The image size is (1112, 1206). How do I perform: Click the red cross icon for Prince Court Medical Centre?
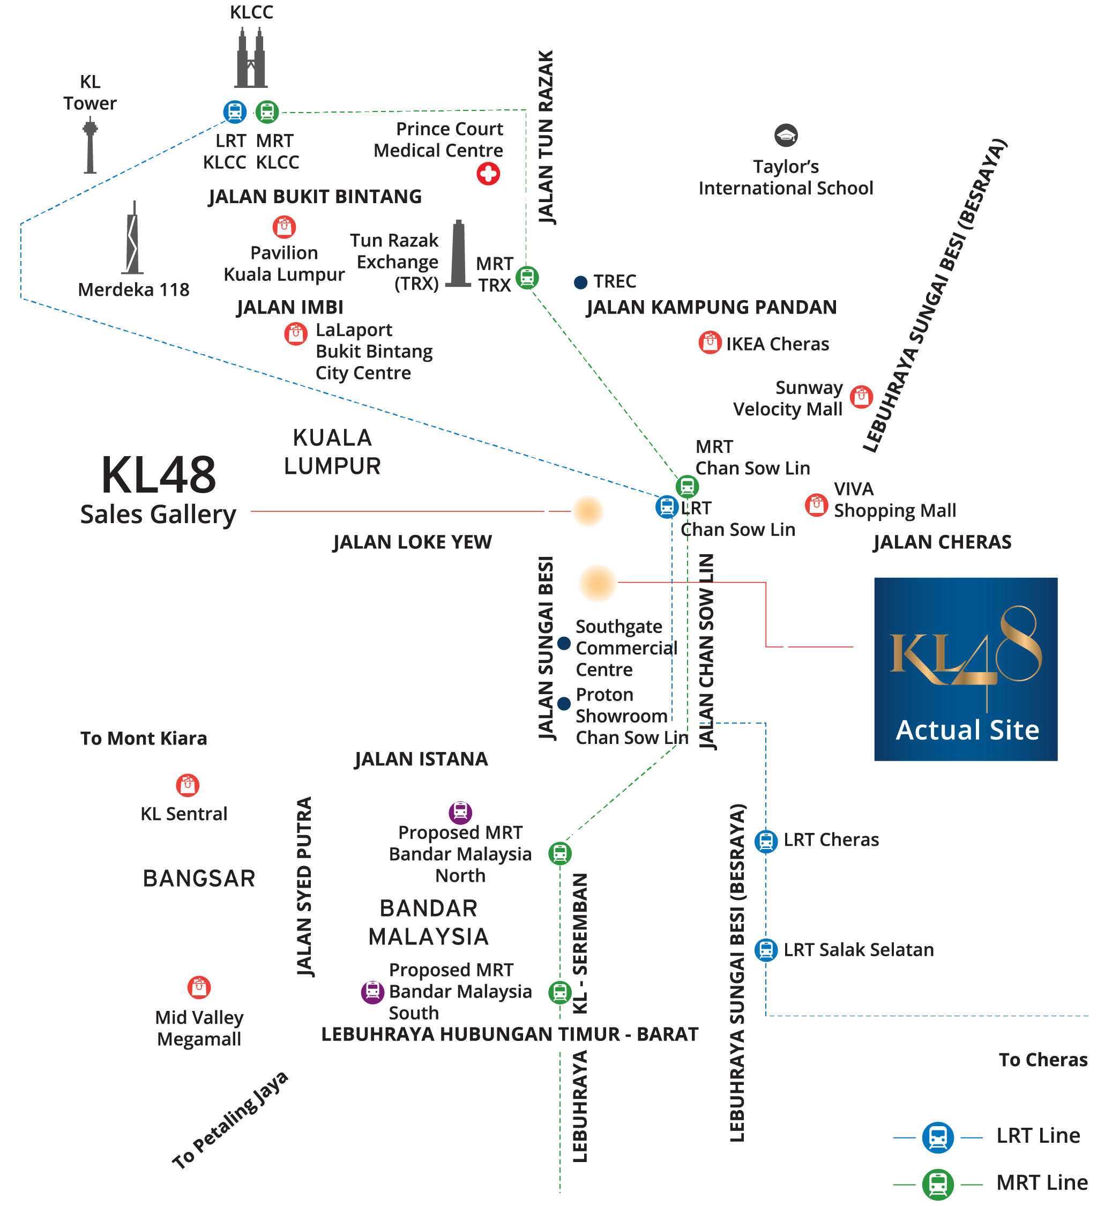click(488, 174)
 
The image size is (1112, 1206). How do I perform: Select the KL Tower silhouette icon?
click(90, 146)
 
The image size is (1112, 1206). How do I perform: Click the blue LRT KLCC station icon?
click(235, 112)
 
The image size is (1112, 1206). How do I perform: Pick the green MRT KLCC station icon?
click(267, 112)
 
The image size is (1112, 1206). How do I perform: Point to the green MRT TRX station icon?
click(527, 278)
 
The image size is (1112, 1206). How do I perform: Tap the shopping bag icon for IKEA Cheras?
click(710, 343)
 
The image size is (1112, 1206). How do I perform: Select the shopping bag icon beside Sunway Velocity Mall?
click(861, 397)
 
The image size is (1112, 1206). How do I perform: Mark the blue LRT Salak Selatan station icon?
click(766, 950)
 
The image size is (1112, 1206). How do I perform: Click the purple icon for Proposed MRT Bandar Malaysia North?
click(460, 812)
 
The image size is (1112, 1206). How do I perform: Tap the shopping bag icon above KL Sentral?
click(188, 785)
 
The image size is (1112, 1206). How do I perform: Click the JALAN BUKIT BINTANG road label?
click(315, 197)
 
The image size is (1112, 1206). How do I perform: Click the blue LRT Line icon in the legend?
click(937, 1137)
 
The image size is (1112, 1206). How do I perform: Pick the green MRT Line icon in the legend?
click(937, 1183)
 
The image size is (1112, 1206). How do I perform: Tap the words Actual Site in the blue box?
click(967, 730)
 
